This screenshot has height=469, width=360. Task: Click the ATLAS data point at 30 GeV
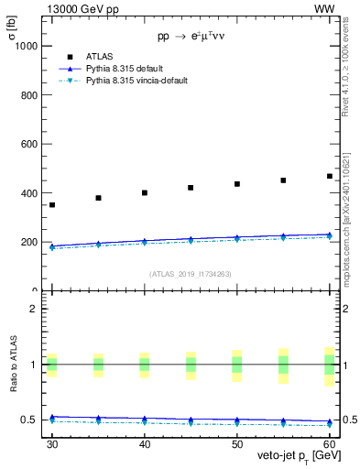[52, 204]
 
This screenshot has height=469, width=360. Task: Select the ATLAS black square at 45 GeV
[191, 188]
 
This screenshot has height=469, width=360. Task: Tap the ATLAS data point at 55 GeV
[283, 180]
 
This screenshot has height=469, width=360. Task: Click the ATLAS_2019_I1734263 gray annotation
[191, 274]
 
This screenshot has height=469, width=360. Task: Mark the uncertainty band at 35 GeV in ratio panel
[98, 365]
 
